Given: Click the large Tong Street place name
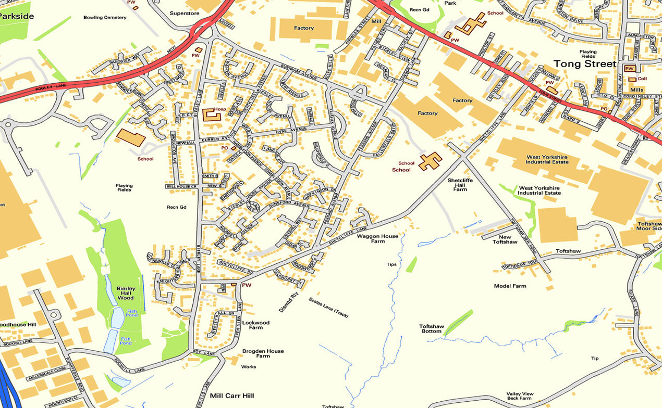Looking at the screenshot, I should pos(584,63).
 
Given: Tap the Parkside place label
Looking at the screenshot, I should pos(17,16).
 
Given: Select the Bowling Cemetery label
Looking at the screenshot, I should pos(105,18).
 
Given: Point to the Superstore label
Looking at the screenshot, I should pos(185,13).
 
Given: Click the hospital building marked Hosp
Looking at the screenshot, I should pos(211,115).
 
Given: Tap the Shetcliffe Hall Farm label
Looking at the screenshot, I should pos(460,185).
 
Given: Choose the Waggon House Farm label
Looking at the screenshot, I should pos(377,239).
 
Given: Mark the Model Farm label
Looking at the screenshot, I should pos(510,286).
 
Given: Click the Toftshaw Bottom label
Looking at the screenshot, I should pos(431,329).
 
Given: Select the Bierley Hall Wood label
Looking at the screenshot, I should pos(126,293).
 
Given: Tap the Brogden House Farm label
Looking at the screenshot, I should pos(263,353).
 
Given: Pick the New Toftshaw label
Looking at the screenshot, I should pos(505,239).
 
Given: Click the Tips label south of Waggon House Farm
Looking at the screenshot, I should pos(391,264).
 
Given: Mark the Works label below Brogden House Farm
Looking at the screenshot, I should pos(248,367).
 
